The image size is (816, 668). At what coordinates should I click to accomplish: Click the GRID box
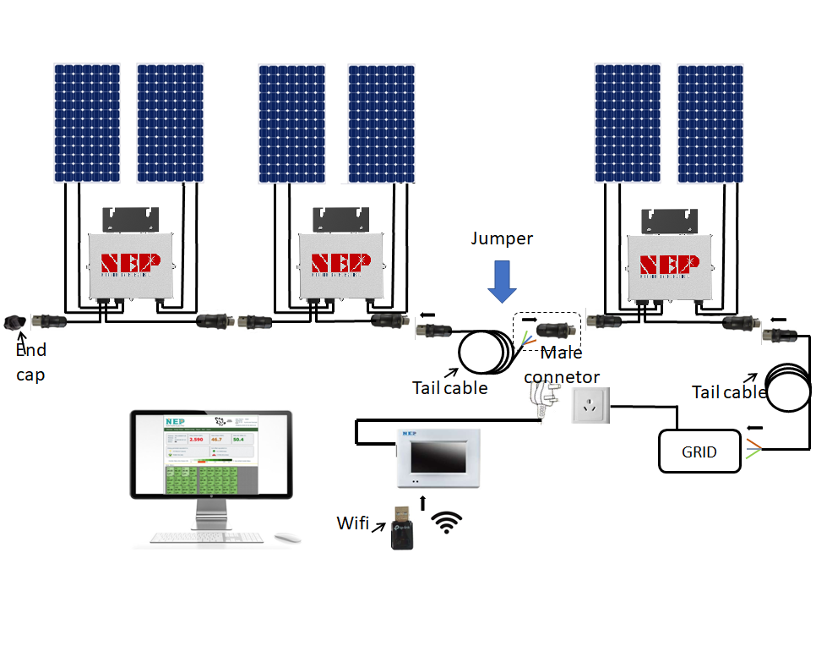[x=699, y=452]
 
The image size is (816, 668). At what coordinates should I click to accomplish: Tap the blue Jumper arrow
[x=503, y=281]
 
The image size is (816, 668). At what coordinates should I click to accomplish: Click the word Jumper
[x=502, y=238]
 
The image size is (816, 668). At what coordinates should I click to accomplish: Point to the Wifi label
[x=352, y=523]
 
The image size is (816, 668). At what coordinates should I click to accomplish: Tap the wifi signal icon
[x=447, y=523]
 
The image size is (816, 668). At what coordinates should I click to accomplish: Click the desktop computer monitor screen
[x=211, y=457]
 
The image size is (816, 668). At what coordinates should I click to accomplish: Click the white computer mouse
[x=288, y=536]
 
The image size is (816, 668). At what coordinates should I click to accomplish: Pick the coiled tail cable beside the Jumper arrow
[x=485, y=351]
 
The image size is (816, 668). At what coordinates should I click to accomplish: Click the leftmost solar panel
[x=88, y=123]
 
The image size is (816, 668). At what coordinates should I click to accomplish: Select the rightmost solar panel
[x=710, y=123]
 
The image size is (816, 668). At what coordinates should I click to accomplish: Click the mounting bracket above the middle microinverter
[x=341, y=219]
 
